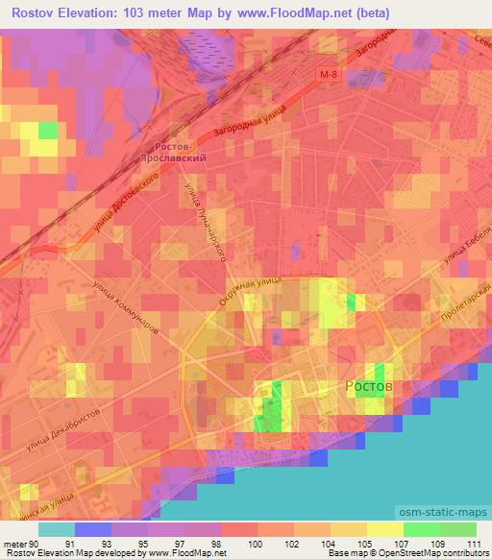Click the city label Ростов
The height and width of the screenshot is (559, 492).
pos(369,384)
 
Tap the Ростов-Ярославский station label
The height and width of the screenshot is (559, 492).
pos(175,155)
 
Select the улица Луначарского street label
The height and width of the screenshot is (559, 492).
pos(211,225)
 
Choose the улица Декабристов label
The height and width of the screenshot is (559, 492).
pos(64,433)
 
